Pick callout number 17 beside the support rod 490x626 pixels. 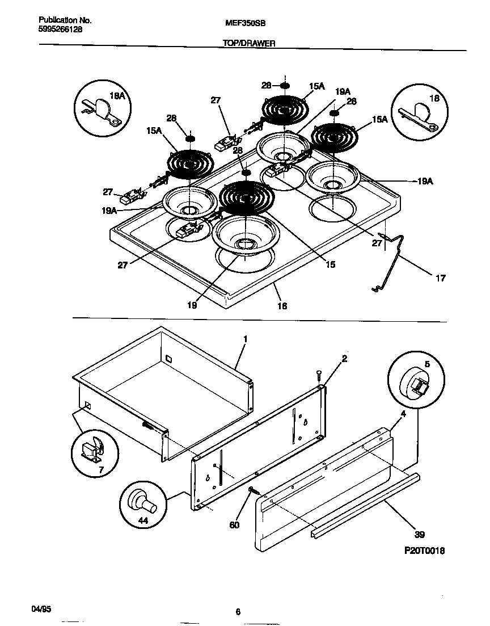point(440,278)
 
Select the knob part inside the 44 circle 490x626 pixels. point(142,501)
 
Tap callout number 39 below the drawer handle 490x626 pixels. point(420,534)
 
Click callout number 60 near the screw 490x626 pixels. point(234,525)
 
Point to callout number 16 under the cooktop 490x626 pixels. point(281,306)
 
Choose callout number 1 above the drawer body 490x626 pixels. point(245,339)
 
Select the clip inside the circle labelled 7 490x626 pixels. point(92,448)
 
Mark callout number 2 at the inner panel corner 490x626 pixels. point(344,358)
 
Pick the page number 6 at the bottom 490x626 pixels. point(238,611)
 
